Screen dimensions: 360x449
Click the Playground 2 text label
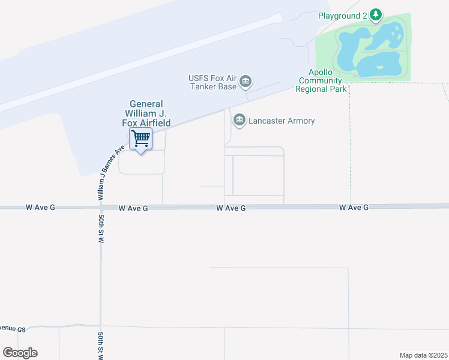pyautogui.click(x=342, y=15)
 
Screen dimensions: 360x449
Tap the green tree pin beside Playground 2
pyautogui.click(x=376, y=14)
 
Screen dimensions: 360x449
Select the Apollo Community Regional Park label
pyautogui.click(x=321, y=80)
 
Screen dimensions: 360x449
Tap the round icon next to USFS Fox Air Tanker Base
pyautogui.click(x=245, y=82)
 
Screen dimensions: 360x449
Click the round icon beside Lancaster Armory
pyautogui.click(x=239, y=121)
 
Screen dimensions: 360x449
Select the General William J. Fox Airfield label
pyautogui.click(x=147, y=113)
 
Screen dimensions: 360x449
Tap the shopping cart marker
pyautogui.click(x=141, y=139)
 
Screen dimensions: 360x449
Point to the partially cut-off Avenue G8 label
pyautogui.click(x=13, y=329)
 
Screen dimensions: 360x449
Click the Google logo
pyautogui.click(x=20, y=353)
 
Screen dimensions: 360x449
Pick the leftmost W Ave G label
pyautogui.click(x=40, y=207)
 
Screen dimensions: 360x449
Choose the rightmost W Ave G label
pyautogui.click(x=354, y=207)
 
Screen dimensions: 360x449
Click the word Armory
pyautogui.click(x=301, y=121)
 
